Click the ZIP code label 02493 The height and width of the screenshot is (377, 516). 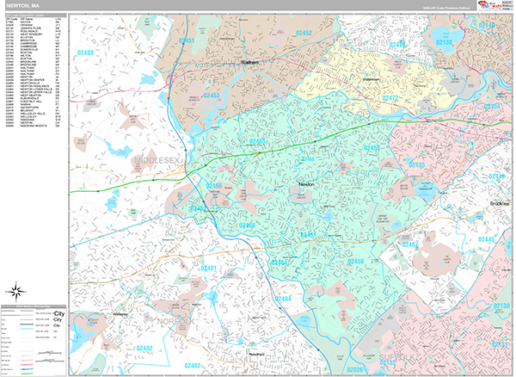point(84,53)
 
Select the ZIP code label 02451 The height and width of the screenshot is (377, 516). point(186,40)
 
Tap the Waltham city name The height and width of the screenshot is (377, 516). point(247,63)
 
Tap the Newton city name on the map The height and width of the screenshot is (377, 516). point(306,184)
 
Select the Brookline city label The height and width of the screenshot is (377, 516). point(500,203)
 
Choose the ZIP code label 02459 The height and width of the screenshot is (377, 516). point(353,261)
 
